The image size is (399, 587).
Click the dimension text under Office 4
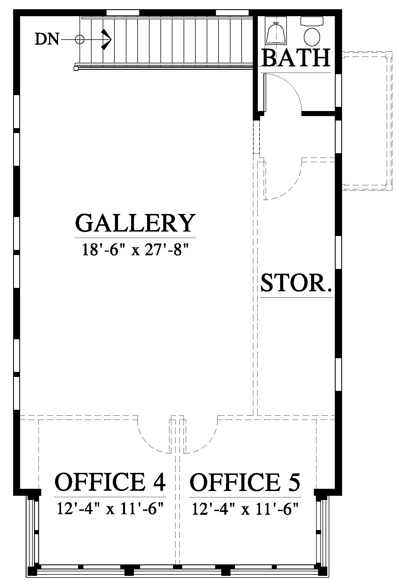110,508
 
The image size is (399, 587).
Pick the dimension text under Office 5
245,508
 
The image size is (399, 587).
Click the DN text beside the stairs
47,39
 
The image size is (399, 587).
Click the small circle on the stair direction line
80,40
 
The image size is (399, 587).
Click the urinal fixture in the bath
275,33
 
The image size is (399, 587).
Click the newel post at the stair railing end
76,68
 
